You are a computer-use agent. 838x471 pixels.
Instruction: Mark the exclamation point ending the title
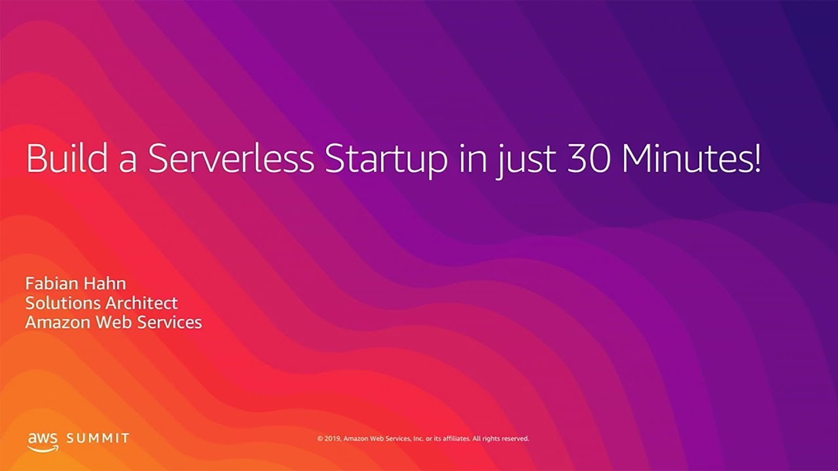point(757,159)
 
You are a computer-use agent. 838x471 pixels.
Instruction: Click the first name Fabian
point(52,283)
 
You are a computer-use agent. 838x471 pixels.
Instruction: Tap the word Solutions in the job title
point(62,303)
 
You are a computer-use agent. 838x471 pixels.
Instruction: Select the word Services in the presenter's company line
point(170,323)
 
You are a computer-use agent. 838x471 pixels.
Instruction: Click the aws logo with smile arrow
point(43,441)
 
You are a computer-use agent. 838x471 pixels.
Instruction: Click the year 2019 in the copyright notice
point(333,438)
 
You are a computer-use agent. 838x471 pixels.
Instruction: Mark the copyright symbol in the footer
point(320,438)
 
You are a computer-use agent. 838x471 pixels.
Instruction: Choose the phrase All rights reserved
point(500,438)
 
